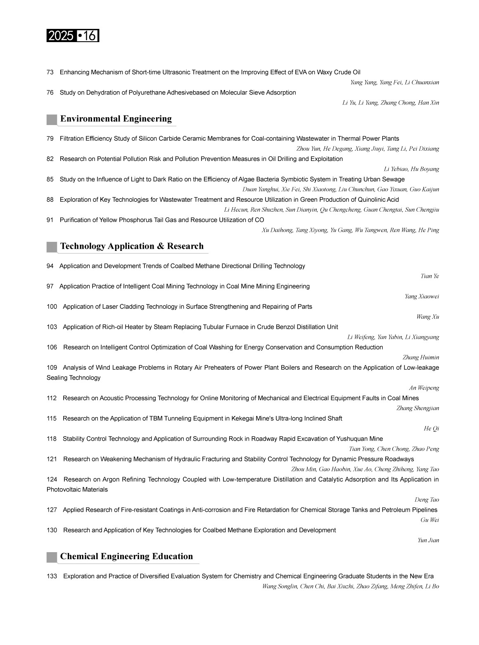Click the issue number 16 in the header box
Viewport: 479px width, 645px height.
(89, 36)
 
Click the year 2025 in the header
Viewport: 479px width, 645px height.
(60, 36)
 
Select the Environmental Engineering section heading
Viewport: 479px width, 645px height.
(116, 119)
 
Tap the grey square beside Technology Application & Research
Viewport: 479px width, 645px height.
(52, 247)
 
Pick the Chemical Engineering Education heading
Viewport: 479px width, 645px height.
(126, 556)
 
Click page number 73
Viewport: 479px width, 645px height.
(50, 72)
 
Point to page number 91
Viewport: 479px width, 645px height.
(50, 220)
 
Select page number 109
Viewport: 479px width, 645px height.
(52, 368)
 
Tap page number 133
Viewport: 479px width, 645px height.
(52, 576)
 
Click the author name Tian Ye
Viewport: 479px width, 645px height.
(429, 276)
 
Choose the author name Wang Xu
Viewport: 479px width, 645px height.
(427, 317)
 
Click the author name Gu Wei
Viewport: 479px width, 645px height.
(429, 520)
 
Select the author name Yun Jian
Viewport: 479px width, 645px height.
(428, 540)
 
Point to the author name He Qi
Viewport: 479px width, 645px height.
(431, 429)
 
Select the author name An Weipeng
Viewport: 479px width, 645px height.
(424, 388)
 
